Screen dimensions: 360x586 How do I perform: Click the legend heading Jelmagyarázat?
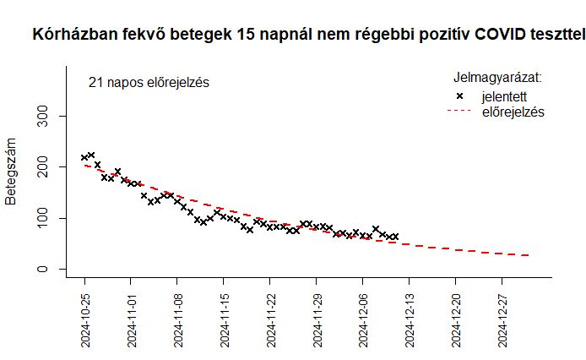point(497,78)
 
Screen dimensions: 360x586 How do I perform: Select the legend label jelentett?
point(504,96)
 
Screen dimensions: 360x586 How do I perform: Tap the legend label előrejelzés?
point(513,112)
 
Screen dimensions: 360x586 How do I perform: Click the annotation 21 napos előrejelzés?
point(148,83)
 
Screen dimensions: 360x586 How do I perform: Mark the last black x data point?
point(395,237)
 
